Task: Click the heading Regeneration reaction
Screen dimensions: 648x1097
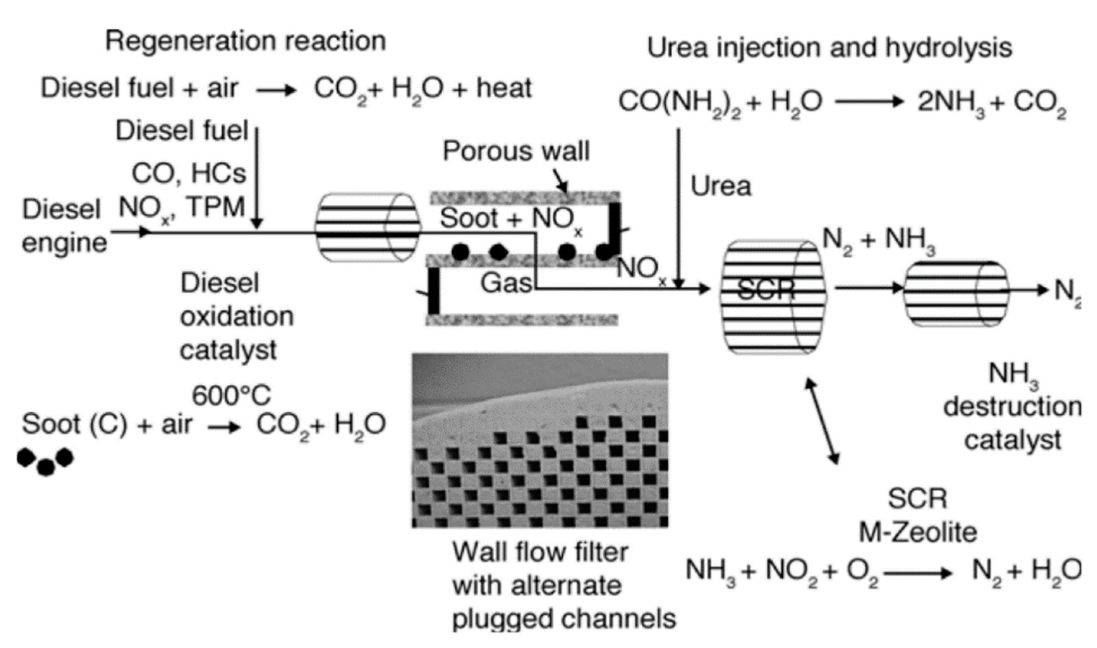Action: click(245, 41)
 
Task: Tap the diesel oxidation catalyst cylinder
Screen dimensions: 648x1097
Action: click(367, 228)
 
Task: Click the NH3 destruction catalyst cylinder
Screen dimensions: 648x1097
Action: click(956, 294)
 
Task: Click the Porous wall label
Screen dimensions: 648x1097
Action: click(516, 151)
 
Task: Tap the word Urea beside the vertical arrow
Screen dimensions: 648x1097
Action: click(721, 187)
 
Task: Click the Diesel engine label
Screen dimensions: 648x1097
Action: click(64, 226)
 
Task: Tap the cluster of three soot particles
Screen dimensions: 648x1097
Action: click(45, 461)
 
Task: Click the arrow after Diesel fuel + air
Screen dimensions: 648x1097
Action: click(276, 91)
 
